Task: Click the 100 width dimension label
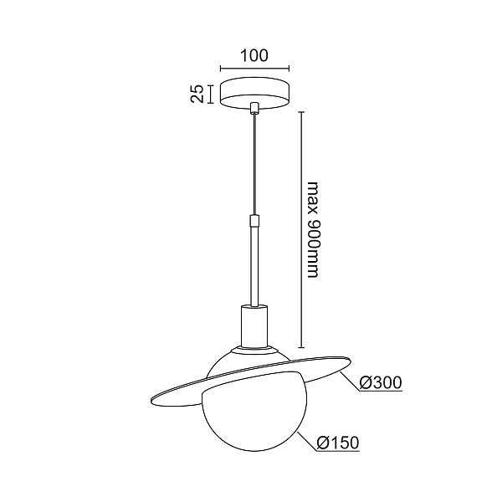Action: coord(254,56)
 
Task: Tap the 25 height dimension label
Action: coord(197,94)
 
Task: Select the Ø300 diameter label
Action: coord(381,382)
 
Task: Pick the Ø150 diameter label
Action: coord(338,443)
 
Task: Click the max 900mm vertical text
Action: coord(313,230)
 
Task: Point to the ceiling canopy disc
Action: coord(254,94)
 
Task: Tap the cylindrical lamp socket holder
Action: coord(254,326)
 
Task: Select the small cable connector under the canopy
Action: coord(254,108)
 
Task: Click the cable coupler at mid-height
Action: coord(254,220)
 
